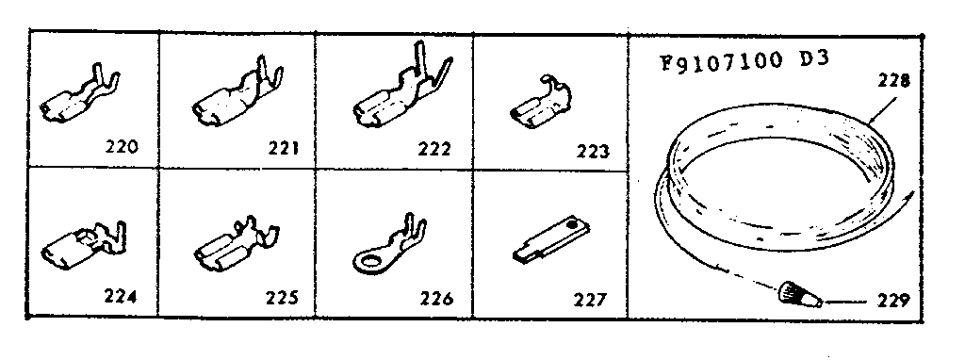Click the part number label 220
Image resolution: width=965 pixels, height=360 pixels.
123,147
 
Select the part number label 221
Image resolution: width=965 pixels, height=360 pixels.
283,148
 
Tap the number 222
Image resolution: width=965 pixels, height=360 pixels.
433,148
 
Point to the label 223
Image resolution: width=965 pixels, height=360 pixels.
594,151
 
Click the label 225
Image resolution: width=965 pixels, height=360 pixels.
282,299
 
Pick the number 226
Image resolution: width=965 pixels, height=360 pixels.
436,300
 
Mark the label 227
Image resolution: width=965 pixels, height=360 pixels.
590,301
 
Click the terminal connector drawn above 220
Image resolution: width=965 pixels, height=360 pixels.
79,98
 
